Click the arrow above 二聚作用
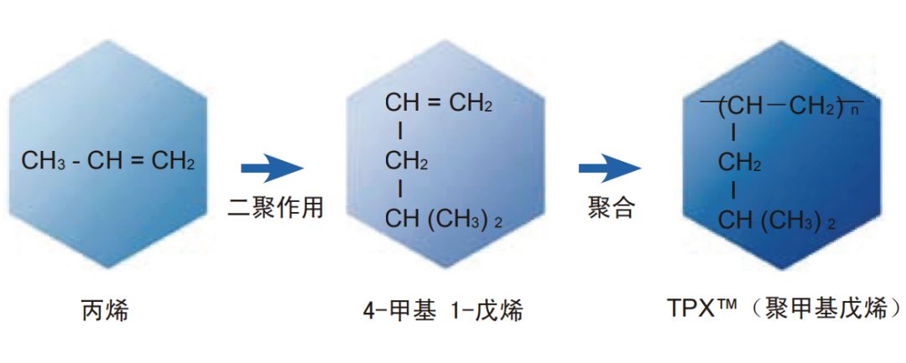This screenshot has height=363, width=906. [x=272, y=168]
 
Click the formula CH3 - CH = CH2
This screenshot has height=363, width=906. [x=108, y=161]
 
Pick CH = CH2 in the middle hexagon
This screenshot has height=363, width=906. [x=438, y=104]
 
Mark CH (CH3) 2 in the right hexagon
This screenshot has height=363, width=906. [x=777, y=221]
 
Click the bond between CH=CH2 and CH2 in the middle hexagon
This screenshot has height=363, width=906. [x=400, y=132]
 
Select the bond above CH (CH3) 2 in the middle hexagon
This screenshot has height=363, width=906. [x=400, y=189]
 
